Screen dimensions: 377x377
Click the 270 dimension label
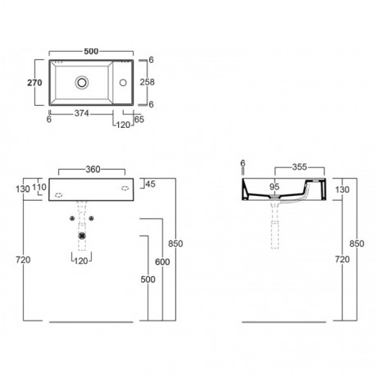point(34,83)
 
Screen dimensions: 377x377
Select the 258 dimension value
point(148,82)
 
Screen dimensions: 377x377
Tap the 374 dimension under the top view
point(82,113)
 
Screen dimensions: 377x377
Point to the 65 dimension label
point(139,120)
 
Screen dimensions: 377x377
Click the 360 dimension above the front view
point(93,170)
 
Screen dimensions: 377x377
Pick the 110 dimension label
point(39,187)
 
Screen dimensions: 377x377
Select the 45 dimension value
point(150,184)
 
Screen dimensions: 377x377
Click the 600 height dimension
point(162,261)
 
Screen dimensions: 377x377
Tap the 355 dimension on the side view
point(299,167)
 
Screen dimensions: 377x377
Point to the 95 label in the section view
point(275,187)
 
